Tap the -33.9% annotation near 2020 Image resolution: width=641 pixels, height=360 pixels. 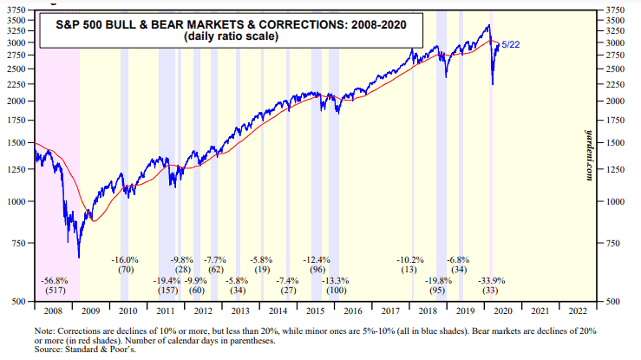[491, 280]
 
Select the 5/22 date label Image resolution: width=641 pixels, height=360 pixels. [512, 45]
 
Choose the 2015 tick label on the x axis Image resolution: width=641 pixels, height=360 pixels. [315, 309]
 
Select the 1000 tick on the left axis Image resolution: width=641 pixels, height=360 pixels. [19, 201]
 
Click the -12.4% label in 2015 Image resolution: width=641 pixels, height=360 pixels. [317, 259]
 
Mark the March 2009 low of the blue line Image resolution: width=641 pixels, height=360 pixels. [79, 256]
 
